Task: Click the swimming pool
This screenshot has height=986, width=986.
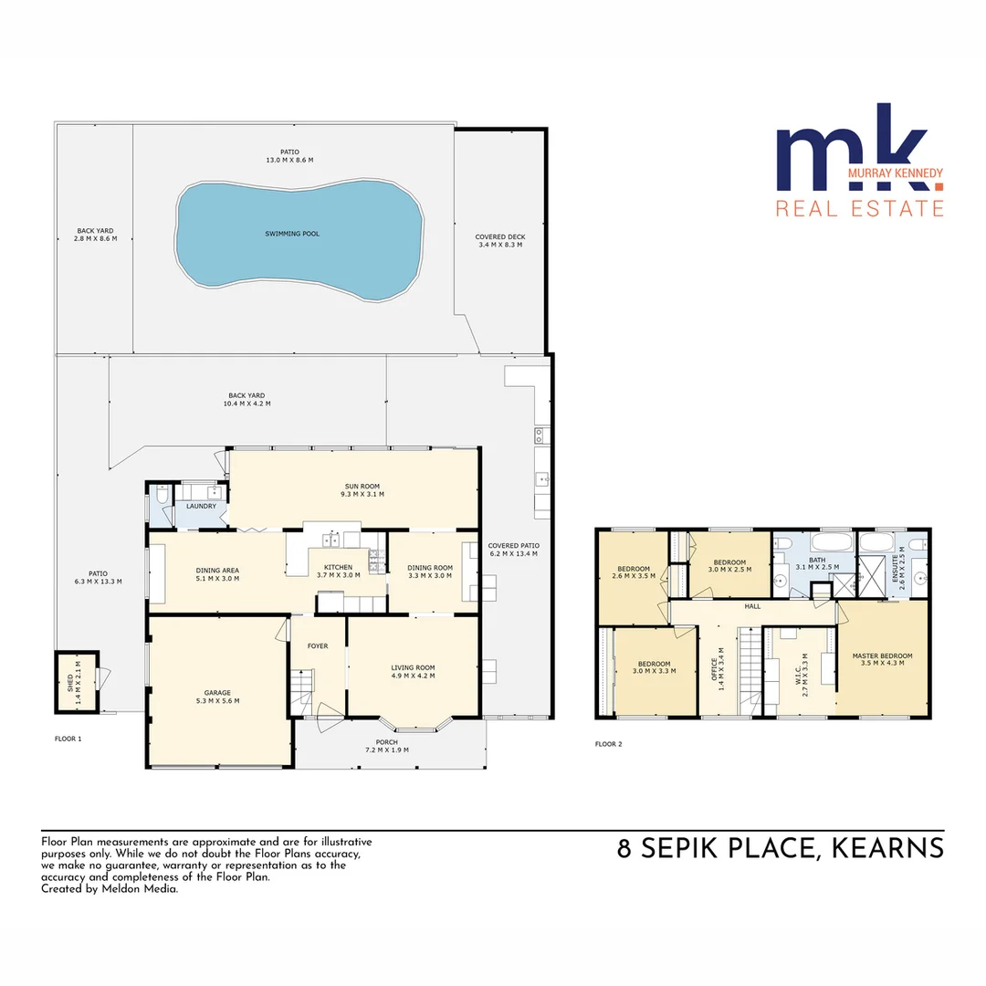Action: [x=299, y=234]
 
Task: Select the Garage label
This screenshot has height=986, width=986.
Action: [x=216, y=696]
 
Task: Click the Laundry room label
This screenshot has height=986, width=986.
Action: [x=201, y=507]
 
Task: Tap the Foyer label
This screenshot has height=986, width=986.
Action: [x=317, y=645]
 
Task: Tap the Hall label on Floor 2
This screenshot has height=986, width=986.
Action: [x=751, y=605]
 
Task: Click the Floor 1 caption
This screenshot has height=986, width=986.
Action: [x=68, y=738]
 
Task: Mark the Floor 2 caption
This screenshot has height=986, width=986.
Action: [x=608, y=744]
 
